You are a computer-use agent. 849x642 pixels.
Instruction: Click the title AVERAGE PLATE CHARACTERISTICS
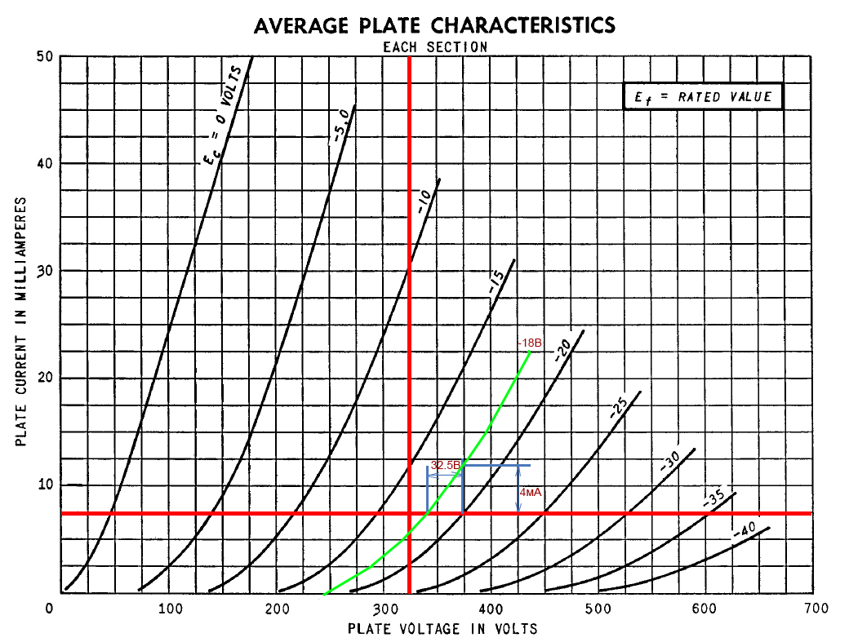(x=434, y=25)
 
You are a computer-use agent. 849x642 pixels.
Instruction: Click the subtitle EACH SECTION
(x=435, y=47)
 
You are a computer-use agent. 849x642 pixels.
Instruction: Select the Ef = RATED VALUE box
(x=703, y=97)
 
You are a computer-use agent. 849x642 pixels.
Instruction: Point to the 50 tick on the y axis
(x=45, y=56)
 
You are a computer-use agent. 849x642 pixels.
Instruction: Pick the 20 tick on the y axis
(x=45, y=378)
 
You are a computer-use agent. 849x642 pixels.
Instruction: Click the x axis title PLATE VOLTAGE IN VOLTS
(x=442, y=629)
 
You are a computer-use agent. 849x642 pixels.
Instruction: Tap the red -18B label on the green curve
(x=531, y=343)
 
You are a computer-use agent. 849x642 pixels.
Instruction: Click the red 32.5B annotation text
(x=445, y=466)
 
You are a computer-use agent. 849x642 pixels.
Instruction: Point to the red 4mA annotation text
(x=531, y=493)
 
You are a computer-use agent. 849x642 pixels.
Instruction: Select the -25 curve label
(x=620, y=408)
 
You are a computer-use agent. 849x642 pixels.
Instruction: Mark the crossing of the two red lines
(x=409, y=514)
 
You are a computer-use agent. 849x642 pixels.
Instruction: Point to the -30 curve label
(x=670, y=463)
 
